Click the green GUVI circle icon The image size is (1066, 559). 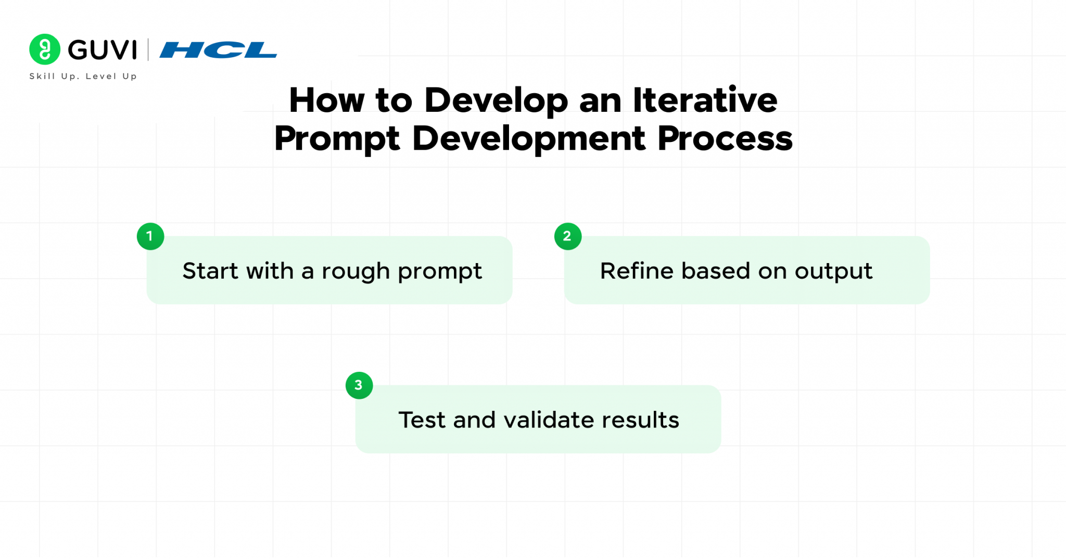tap(45, 49)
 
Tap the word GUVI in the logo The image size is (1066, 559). tap(103, 50)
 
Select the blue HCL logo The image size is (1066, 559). tap(218, 50)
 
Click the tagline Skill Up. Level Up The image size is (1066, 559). tap(83, 76)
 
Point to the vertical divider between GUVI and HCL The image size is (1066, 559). tap(148, 50)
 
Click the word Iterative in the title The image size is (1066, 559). tap(705, 100)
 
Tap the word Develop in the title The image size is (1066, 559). tap(496, 101)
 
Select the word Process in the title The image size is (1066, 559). tap(725, 139)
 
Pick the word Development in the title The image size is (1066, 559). tap(529, 139)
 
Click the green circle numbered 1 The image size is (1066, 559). tap(150, 237)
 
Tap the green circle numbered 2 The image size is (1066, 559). tap(568, 237)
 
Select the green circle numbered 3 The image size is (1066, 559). tap(359, 385)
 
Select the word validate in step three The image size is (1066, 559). tap(549, 420)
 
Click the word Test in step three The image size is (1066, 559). tap(422, 420)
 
